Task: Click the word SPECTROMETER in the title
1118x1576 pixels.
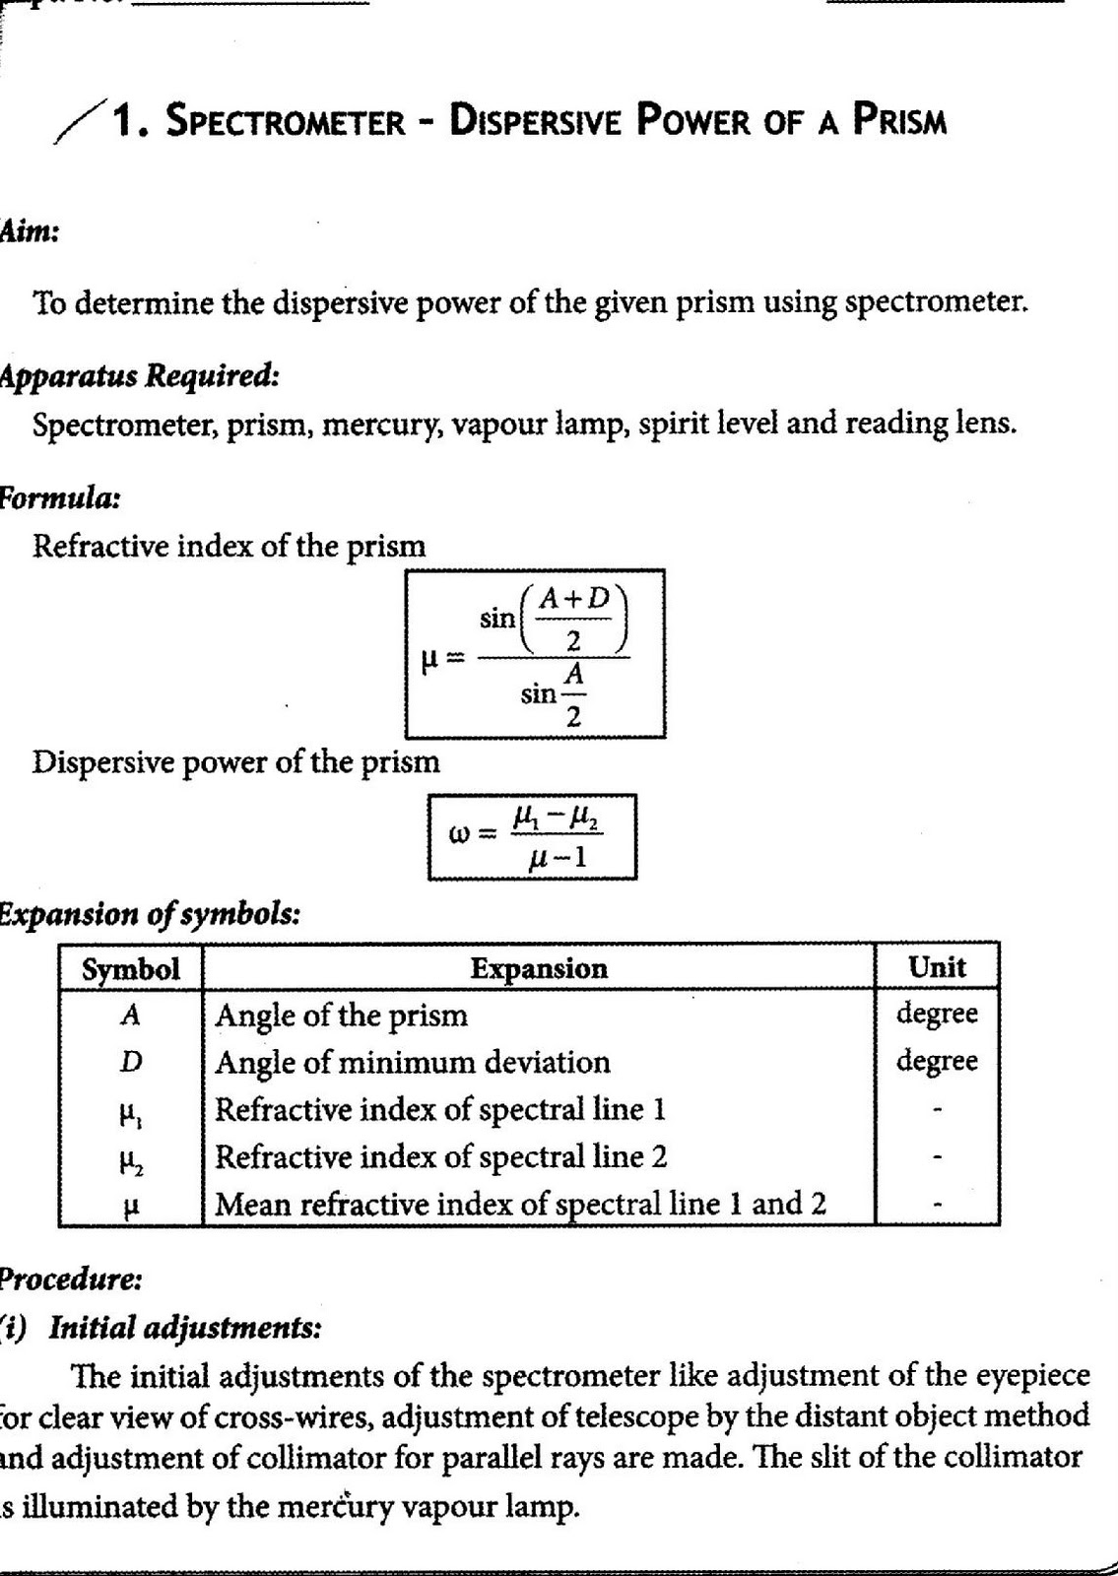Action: click(287, 122)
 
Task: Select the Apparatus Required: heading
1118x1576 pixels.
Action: click(138, 376)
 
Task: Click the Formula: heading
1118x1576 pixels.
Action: click(59, 497)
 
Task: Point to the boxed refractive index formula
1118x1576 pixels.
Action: click(536, 654)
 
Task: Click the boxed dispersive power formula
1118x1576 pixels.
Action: click(532, 836)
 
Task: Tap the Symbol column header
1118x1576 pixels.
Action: click(130, 968)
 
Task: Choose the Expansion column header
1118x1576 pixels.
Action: click(539, 968)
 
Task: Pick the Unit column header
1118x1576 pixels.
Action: click(937, 967)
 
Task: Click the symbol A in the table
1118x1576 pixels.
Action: click(130, 1015)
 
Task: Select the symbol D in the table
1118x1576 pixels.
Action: click(130, 1062)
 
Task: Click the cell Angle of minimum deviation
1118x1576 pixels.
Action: click(412, 1062)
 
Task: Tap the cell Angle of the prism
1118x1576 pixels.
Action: click(341, 1015)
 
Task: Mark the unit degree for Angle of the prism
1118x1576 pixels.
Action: click(937, 1014)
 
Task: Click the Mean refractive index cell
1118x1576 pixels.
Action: click(520, 1203)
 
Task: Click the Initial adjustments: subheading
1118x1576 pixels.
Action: click(184, 1329)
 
